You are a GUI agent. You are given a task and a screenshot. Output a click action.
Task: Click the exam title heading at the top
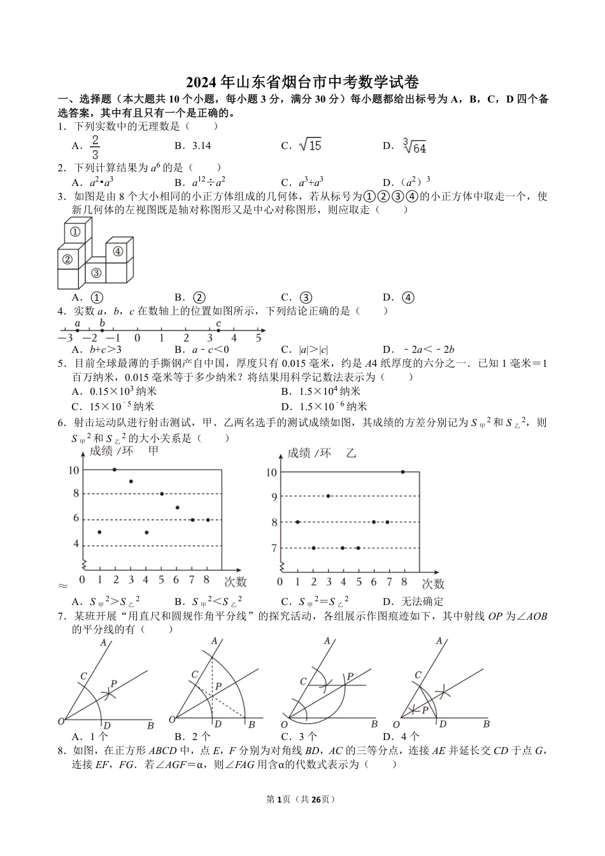tap(302, 82)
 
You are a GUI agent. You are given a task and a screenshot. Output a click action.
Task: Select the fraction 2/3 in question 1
tap(95, 146)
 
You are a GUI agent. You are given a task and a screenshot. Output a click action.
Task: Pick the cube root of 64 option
tap(415, 146)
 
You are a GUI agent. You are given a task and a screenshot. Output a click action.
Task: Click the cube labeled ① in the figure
tap(75, 232)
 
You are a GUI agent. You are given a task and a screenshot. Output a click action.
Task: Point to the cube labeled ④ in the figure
tap(117, 251)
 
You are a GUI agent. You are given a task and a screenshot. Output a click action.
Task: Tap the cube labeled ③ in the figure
tap(96, 273)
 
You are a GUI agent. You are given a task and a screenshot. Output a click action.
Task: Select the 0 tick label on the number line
tap(138, 339)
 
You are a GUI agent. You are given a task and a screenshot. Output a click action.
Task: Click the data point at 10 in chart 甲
tap(115, 469)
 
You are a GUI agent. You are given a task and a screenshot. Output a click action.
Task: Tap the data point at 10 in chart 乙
tap(402, 472)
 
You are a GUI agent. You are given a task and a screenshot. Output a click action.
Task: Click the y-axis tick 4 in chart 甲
tap(76, 545)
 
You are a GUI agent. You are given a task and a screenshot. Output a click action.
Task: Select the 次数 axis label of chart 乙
tap(433, 583)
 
